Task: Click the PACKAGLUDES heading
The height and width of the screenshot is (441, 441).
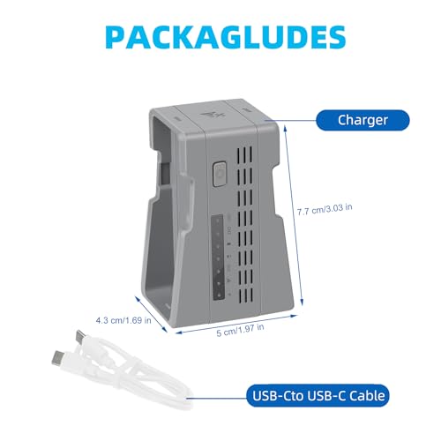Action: tap(226, 37)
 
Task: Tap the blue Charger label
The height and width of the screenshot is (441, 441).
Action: tap(363, 120)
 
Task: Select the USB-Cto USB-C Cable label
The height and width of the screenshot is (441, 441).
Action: tap(318, 395)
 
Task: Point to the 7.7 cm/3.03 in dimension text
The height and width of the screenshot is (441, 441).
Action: tap(325, 209)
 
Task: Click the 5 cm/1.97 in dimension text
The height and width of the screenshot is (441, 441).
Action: tap(240, 330)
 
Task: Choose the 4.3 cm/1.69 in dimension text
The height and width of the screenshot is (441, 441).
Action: tap(123, 320)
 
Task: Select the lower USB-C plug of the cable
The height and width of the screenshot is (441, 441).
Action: tap(58, 358)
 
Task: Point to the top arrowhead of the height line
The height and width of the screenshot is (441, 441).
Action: tap(284, 126)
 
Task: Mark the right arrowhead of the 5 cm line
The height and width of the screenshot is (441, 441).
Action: tap(295, 316)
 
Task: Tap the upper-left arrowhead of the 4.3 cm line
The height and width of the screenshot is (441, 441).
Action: tap(138, 298)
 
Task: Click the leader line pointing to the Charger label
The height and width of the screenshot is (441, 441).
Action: tap(290, 120)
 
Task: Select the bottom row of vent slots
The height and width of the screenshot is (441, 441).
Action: tap(246, 297)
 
